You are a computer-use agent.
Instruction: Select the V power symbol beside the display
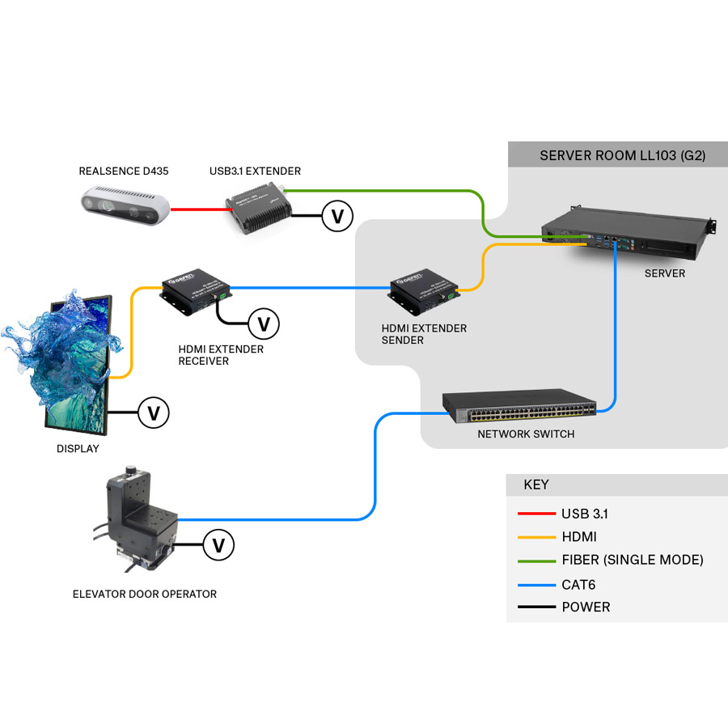click(153, 413)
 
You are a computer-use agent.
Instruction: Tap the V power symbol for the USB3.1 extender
click(337, 216)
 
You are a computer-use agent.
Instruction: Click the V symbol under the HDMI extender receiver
click(263, 324)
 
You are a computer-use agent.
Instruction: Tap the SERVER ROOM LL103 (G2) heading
click(622, 155)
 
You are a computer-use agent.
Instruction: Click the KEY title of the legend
click(535, 485)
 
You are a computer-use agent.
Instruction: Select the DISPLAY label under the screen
click(78, 449)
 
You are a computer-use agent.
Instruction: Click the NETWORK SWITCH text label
click(526, 434)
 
